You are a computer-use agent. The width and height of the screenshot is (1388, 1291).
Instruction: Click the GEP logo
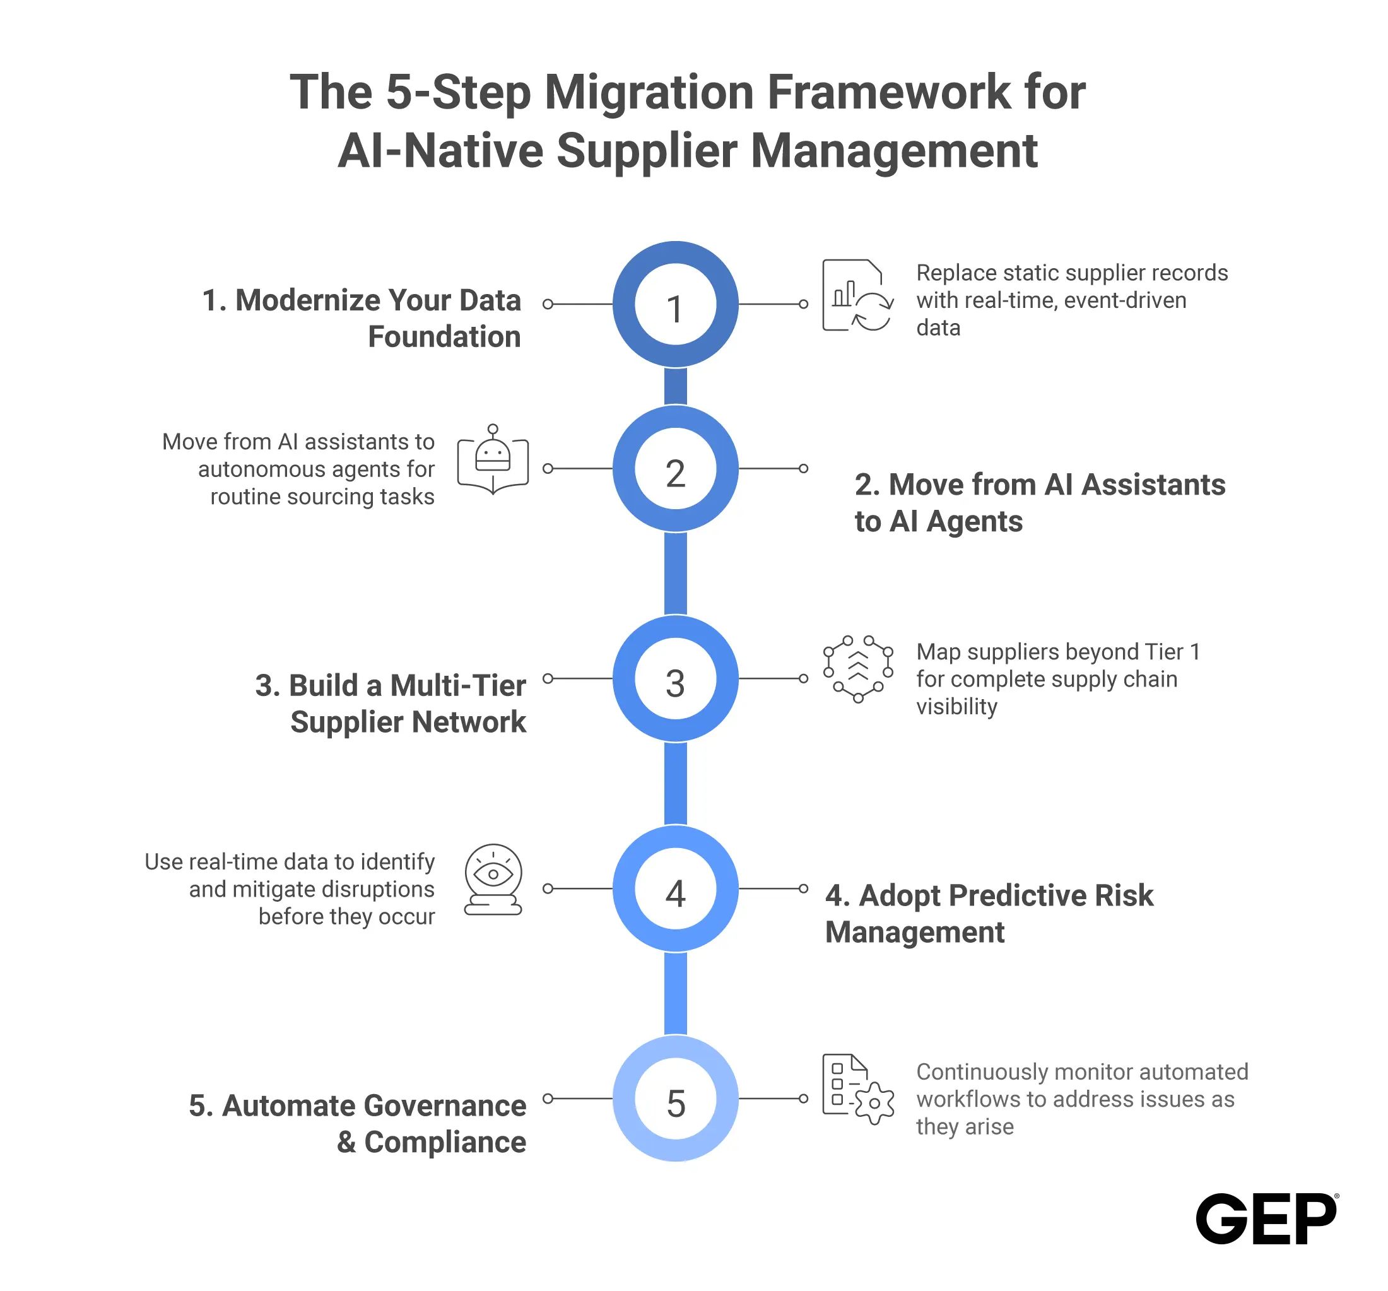1266,1218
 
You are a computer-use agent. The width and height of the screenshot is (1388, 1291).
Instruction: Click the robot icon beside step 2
493,459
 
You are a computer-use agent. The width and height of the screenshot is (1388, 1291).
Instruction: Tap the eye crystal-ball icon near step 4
493,879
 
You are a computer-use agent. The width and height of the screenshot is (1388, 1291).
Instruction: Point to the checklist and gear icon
858,1089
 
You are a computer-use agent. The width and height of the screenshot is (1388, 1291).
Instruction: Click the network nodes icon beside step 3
858,669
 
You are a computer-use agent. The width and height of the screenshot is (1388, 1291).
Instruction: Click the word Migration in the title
649,92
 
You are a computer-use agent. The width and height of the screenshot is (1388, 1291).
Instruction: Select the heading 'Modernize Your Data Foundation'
362,319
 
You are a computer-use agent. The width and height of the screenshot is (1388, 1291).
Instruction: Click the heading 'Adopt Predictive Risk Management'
989,914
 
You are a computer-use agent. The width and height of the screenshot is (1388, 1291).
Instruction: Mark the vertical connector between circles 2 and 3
675,573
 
